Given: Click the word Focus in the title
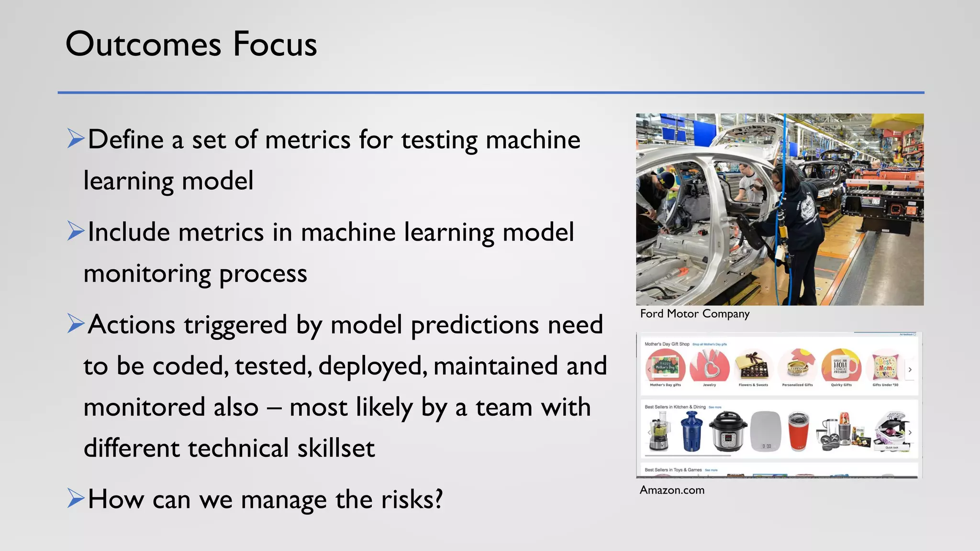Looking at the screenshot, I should coord(275,44).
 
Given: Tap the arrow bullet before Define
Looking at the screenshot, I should coord(76,139).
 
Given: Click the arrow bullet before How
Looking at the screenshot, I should coord(76,498).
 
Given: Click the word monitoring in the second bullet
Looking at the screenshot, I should coord(147,274).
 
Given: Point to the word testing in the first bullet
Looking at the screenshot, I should coord(439,140).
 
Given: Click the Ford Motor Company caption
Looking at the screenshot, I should coord(694,314).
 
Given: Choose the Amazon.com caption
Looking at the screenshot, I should coord(672,490).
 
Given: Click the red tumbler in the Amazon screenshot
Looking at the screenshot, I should coord(798,432).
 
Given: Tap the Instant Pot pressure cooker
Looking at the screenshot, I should coord(727,432).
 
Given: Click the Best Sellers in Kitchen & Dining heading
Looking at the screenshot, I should coord(675,407).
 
